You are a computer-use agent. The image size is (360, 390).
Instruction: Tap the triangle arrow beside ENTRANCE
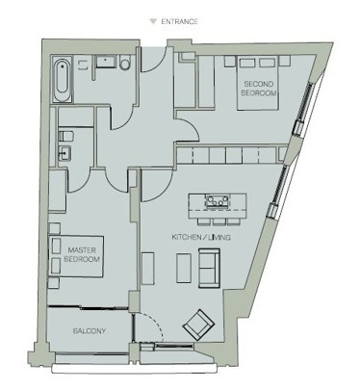(151, 19)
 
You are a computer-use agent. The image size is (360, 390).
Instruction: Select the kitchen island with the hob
(217, 202)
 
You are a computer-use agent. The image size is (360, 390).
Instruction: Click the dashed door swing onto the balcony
(144, 326)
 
